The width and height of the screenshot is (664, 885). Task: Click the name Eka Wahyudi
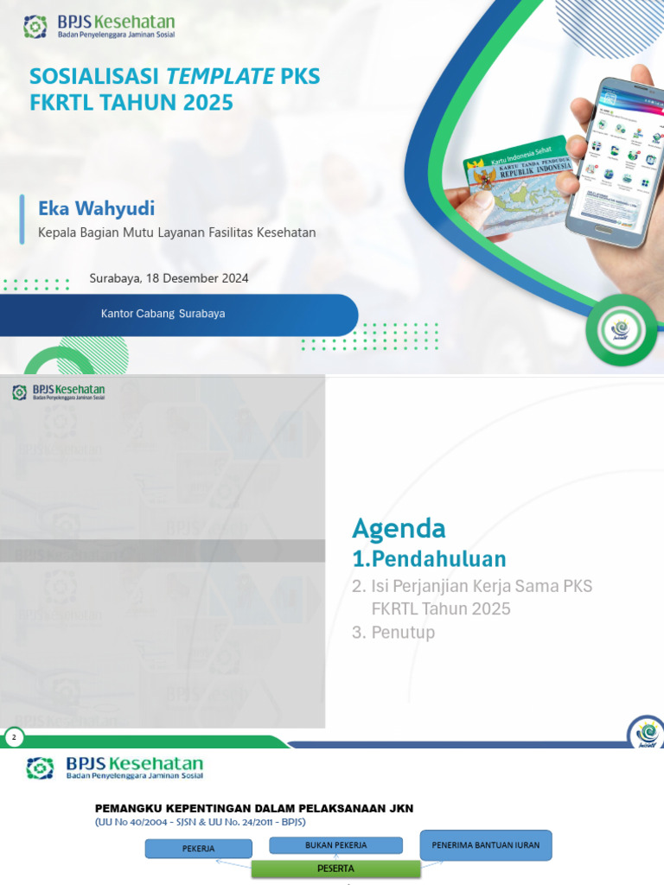coord(96,208)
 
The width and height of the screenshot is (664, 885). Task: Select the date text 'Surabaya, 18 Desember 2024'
coord(169,278)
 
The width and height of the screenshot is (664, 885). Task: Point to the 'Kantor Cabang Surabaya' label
coord(163,314)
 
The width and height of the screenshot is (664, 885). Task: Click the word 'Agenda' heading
coord(399,528)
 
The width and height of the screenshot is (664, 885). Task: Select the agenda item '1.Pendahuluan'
coord(429,557)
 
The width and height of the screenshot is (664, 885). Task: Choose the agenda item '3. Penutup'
coord(393,633)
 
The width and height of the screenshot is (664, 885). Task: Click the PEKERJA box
coord(198,849)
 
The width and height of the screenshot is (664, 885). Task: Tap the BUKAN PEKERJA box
coord(324,845)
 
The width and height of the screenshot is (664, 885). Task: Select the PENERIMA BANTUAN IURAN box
coord(485,846)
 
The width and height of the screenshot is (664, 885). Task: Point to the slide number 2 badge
coord(14,737)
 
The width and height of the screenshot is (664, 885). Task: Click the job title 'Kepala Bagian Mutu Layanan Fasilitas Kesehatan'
coord(177,232)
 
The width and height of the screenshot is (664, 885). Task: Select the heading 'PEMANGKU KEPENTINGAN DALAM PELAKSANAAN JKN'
coord(254,808)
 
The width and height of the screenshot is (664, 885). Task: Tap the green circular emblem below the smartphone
coord(621,330)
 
